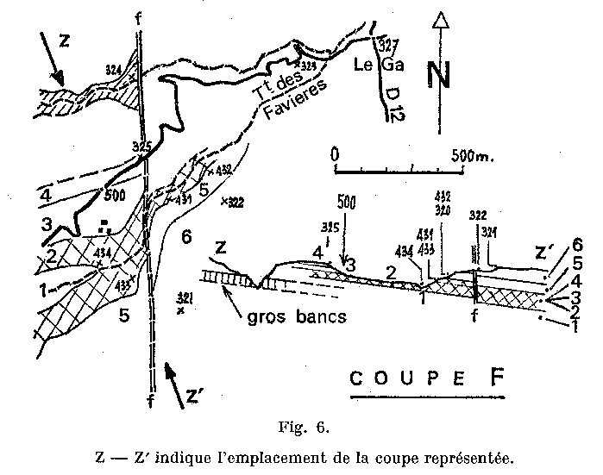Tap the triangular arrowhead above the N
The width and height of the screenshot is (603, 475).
click(440, 21)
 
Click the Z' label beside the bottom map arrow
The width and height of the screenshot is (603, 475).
click(196, 396)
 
